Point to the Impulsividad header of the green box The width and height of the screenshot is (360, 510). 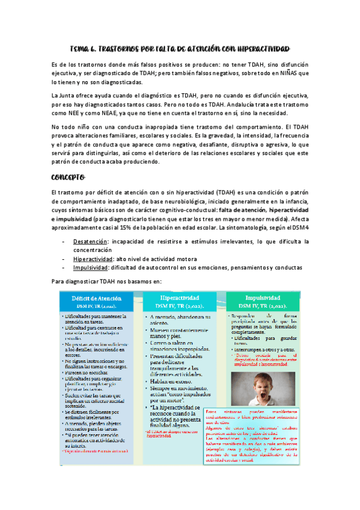coord(263,297)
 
